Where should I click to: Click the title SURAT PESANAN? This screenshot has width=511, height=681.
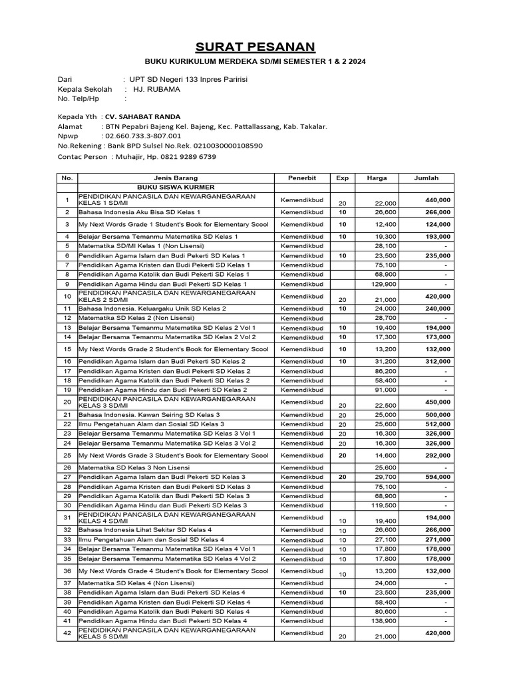(255, 47)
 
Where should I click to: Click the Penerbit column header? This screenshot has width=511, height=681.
(301, 178)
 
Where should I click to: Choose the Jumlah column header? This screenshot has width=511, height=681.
(426, 178)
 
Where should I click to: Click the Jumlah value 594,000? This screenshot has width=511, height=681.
(437, 477)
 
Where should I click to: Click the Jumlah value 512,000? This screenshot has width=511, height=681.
(437, 424)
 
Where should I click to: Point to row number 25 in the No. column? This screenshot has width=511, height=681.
(67, 456)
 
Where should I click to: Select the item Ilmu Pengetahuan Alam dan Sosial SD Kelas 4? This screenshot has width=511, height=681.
(151, 539)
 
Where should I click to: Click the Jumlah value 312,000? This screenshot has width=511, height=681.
(437, 361)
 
